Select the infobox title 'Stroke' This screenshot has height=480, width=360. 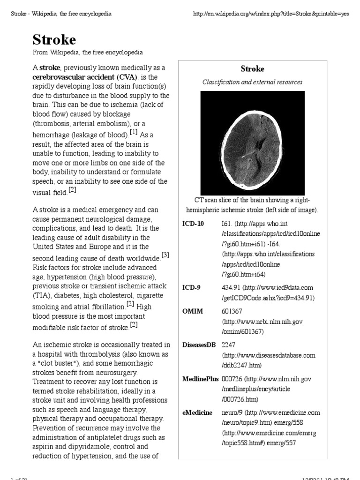click(252, 69)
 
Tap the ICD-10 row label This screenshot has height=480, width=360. click(193, 224)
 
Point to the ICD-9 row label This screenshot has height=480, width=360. click(191, 287)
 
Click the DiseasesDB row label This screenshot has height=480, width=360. click(199, 345)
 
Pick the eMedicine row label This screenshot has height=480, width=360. click(197, 412)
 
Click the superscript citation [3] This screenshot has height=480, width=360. click(165, 255)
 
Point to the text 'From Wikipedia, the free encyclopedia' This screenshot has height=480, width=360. click(88, 52)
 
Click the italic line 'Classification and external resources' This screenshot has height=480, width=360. click(252, 82)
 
